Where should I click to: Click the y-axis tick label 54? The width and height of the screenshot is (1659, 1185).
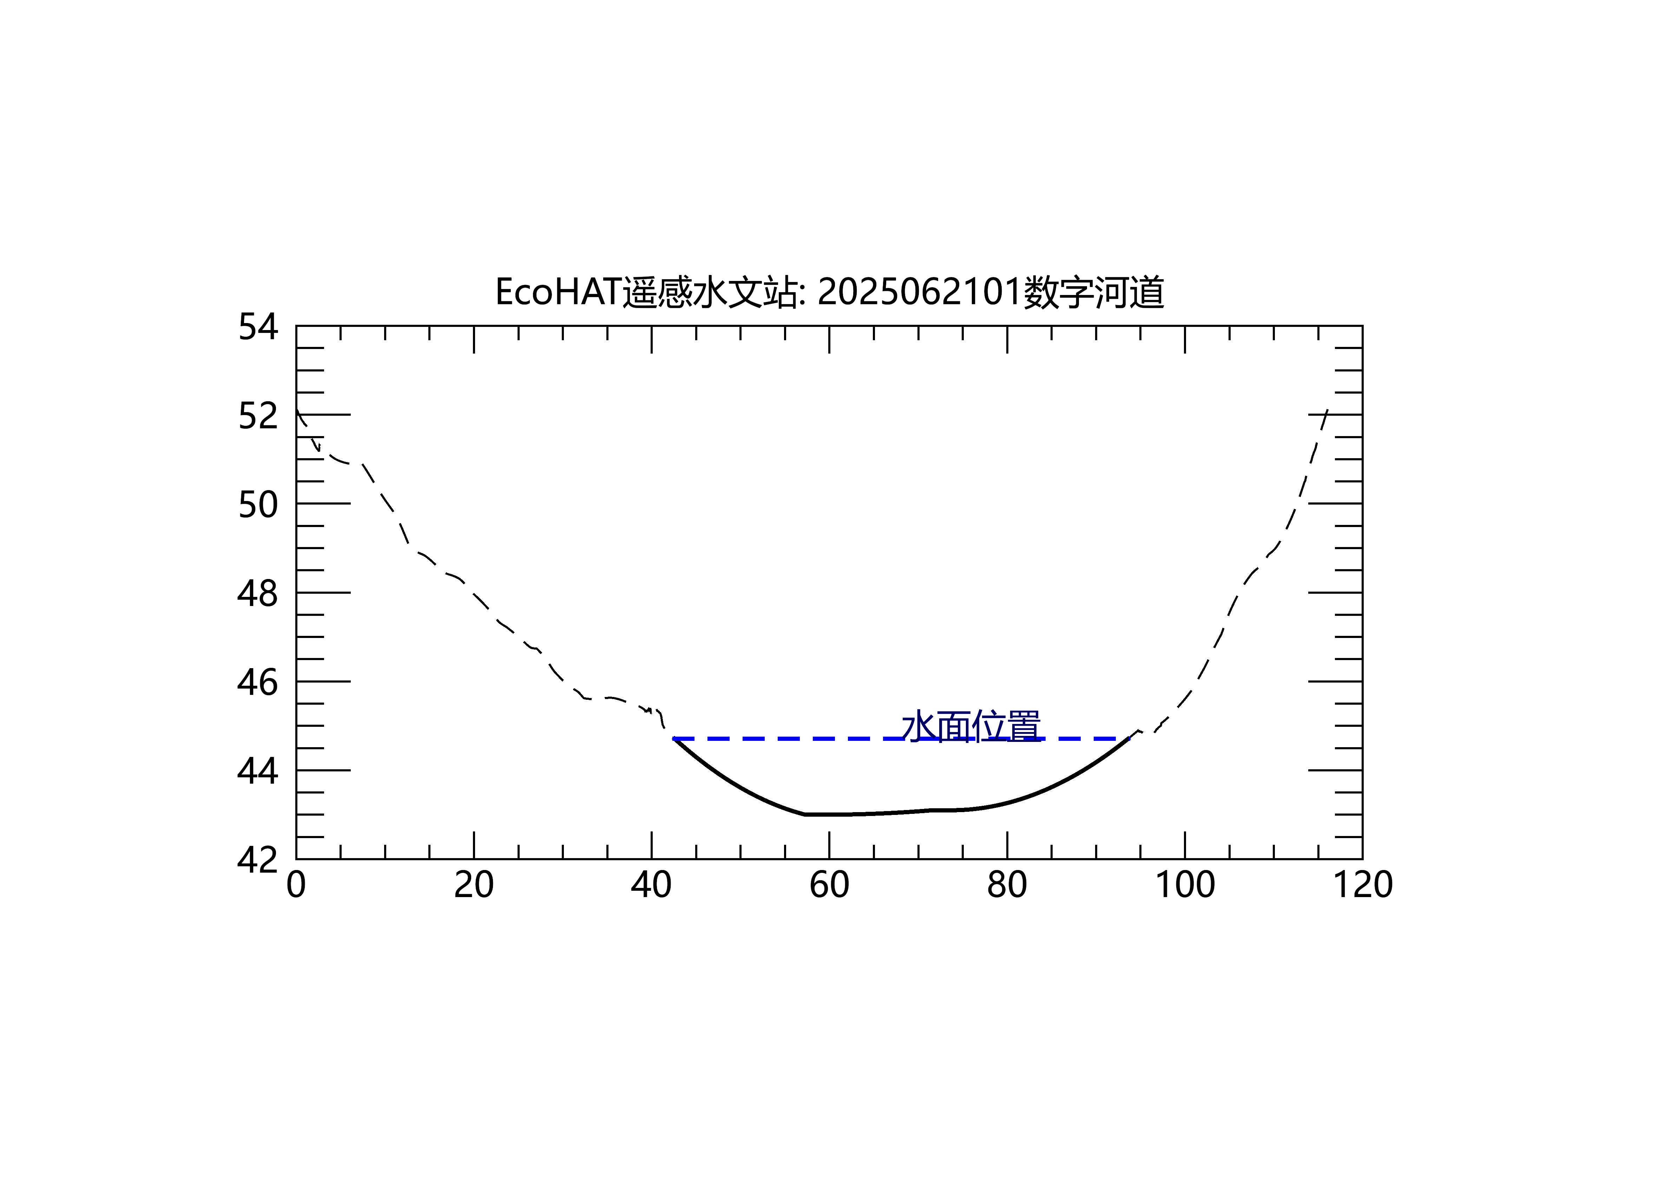tap(258, 327)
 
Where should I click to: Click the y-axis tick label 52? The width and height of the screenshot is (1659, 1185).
tap(258, 416)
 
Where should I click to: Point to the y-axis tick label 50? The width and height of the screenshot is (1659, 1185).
tap(258, 505)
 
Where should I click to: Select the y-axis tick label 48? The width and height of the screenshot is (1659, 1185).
tap(258, 594)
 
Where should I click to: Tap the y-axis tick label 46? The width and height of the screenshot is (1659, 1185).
tap(258, 683)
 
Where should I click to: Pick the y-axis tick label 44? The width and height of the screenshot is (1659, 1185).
tap(258, 771)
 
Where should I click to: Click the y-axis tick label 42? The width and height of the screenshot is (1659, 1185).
tap(258, 860)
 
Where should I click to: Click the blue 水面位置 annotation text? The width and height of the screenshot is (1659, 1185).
tap(971, 727)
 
